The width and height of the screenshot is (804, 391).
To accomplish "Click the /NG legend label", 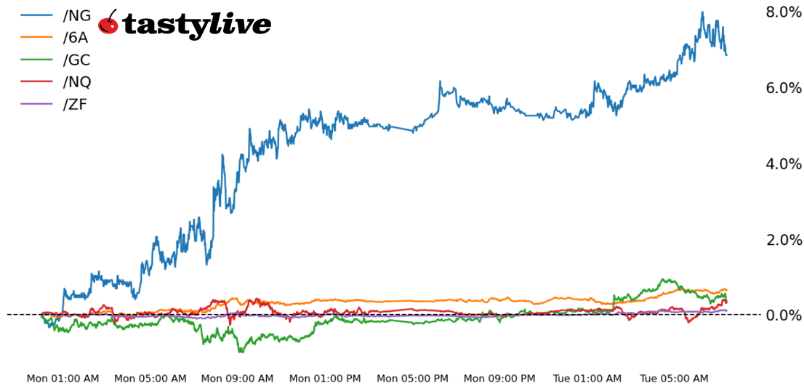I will (x=77, y=16).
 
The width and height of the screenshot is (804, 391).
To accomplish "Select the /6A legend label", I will (x=76, y=38).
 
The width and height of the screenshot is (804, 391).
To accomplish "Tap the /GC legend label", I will (x=77, y=60).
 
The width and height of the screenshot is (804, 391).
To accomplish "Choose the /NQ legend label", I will (x=77, y=82).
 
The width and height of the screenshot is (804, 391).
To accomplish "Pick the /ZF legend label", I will (x=76, y=104).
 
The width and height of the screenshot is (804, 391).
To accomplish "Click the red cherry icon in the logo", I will (x=108, y=23).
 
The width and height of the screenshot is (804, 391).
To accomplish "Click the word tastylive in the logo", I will (x=196, y=25).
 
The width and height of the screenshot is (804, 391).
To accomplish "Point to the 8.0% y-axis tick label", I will (x=783, y=12).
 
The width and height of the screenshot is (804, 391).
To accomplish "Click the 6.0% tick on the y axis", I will (x=783, y=88).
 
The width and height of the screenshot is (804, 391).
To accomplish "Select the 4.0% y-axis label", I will (x=783, y=164).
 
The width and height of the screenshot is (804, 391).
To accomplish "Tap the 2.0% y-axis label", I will (x=783, y=240).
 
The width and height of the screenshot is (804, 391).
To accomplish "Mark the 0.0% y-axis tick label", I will (x=783, y=315).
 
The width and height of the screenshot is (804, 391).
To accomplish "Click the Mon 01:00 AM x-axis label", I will (x=63, y=379).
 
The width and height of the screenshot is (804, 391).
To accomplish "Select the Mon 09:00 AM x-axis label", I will (x=237, y=379).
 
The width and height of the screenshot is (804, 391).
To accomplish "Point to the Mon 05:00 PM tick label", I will (x=412, y=379).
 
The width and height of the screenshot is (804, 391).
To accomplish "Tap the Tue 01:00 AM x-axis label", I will (x=587, y=379).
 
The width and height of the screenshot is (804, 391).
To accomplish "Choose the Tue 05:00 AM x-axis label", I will (x=674, y=379).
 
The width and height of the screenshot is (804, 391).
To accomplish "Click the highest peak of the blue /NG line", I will (x=702, y=12).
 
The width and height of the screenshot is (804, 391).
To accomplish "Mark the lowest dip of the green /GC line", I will (x=241, y=352).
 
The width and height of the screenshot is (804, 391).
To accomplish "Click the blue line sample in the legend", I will (x=36, y=16).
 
